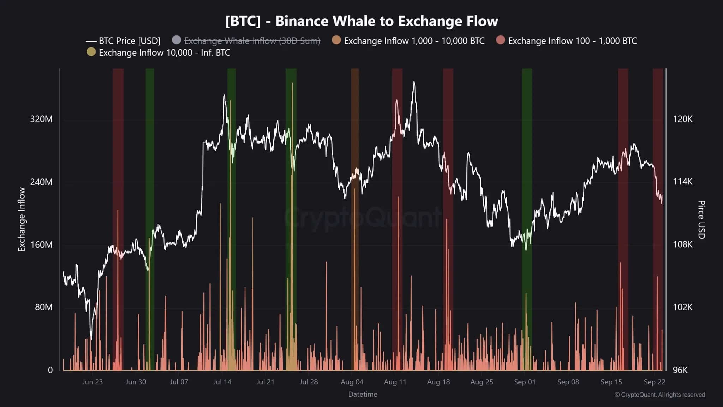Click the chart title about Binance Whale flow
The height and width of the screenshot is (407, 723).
tap(361, 21)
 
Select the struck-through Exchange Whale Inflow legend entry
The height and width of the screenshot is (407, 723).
tap(252, 41)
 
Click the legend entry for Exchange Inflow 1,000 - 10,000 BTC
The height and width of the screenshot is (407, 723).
tap(414, 41)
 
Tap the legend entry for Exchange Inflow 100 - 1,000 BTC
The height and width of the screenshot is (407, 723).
tap(572, 41)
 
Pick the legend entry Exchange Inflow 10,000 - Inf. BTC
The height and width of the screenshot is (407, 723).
tap(164, 53)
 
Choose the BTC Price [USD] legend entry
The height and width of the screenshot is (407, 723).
tap(129, 41)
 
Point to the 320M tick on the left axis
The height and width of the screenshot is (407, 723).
tap(41, 119)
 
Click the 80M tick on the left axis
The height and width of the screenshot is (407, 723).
tap(43, 307)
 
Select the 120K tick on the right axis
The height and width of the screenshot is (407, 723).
tap(682, 119)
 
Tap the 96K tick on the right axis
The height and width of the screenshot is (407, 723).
tap(680, 370)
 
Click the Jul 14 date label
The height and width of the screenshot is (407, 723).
tap(222, 382)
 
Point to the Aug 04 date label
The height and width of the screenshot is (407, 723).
tap(352, 382)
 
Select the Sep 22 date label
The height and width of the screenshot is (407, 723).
tap(654, 382)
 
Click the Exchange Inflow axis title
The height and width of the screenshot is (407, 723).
tap(22, 219)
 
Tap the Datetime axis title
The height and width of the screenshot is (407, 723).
tap(363, 394)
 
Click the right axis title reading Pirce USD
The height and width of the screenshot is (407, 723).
tap(701, 219)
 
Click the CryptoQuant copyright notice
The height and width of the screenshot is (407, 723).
tap(659, 395)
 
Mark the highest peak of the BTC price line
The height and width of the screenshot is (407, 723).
tap(414, 82)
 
